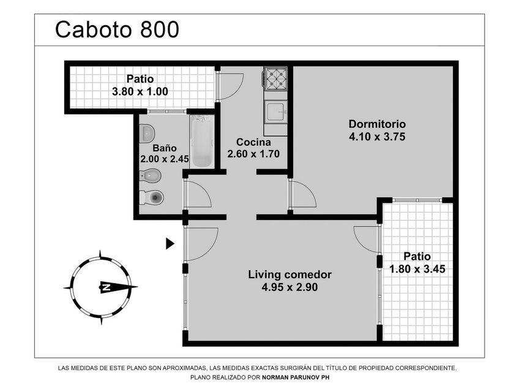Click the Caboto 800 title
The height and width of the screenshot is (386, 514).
(117, 29)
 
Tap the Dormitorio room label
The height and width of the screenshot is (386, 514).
(377, 124)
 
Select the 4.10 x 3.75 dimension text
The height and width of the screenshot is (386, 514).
(377, 137)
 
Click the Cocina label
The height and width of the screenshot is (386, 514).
(253, 142)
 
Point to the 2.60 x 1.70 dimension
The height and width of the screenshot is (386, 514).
(253, 154)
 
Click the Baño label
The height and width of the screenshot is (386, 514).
(165, 148)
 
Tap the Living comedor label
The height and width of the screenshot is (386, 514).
(290, 274)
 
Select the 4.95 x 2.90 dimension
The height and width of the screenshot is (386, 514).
(290, 287)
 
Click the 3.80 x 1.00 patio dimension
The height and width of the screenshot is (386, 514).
(140, 91)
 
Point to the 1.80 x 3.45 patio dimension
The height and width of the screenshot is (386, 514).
(417, 269)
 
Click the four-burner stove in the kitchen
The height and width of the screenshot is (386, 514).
(276, 79)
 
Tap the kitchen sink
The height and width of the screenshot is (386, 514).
(276, 112)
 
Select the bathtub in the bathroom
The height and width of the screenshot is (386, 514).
(201, 141)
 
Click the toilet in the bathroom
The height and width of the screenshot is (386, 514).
(152, 197)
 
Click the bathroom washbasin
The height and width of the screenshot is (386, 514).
(147, 134)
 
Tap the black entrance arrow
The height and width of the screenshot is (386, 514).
(170, 244)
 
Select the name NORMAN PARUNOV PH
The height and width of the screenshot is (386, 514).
(296, 377)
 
